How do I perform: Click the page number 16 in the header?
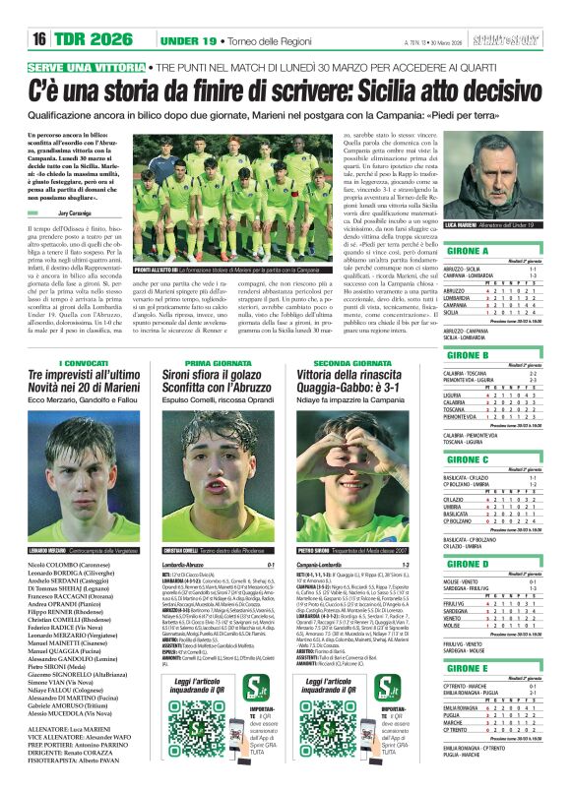coord(40,38)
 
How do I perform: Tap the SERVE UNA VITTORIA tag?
coord(89,66)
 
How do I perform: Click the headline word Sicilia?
coord(398,91)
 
